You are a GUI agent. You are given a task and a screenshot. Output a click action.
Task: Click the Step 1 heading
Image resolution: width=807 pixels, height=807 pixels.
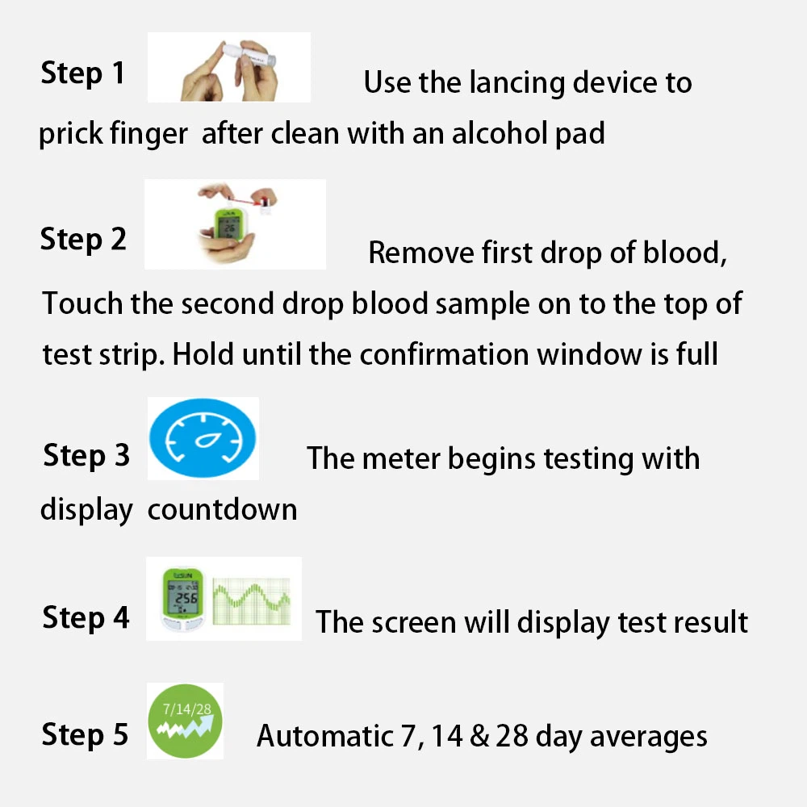82,73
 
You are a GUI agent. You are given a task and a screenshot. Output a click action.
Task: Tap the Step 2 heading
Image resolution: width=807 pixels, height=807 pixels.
83,240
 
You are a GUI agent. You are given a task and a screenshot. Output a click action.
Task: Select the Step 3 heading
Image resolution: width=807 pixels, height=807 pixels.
86,456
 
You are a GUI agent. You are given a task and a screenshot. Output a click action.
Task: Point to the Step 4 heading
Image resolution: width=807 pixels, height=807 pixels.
86,617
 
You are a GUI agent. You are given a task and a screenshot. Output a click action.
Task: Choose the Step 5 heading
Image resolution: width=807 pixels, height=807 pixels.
85,734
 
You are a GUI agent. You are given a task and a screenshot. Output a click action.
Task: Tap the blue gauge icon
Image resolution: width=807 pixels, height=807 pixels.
203,438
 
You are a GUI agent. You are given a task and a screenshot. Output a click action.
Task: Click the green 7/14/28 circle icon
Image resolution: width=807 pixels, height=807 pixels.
186,721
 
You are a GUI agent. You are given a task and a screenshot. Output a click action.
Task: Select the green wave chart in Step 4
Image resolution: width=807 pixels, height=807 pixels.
252,600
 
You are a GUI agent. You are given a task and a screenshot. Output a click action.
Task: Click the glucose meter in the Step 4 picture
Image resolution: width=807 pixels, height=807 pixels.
182,599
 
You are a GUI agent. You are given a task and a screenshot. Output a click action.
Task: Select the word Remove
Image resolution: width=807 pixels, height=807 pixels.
421,253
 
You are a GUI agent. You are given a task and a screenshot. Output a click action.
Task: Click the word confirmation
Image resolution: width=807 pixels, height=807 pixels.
444,354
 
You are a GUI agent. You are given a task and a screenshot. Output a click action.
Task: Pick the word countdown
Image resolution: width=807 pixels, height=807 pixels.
223,509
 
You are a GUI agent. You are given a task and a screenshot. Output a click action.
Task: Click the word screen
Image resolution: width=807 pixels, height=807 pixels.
414,623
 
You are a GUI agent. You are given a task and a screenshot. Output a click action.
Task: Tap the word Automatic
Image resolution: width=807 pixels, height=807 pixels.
325,736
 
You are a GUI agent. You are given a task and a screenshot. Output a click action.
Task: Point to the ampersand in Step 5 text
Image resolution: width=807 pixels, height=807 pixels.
479,736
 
